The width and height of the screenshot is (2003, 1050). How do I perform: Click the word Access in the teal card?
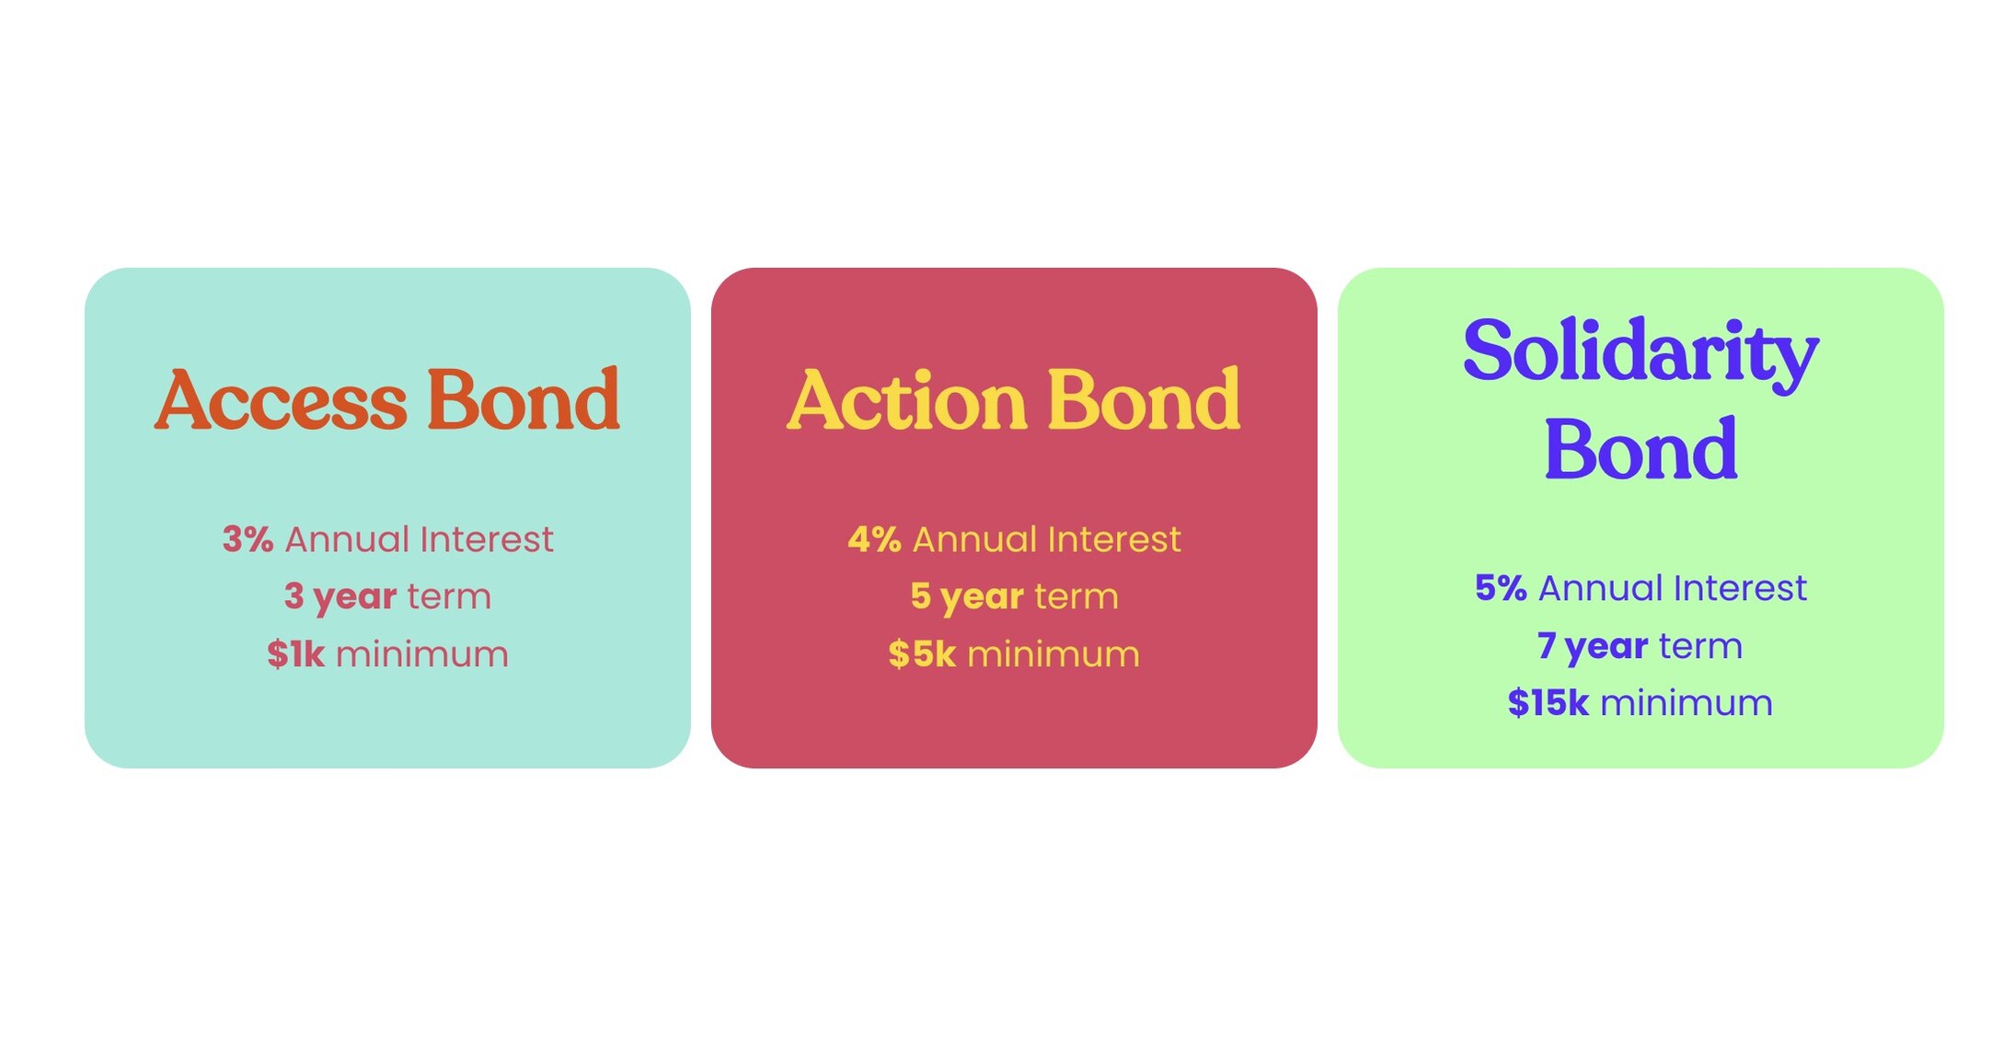(281, 400)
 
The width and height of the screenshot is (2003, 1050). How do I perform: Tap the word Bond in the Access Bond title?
(523, 400)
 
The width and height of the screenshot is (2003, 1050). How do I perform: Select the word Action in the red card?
(906, 400)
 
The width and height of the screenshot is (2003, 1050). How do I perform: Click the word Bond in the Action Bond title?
(1144, 400)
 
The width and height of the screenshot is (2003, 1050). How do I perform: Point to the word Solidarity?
(1640, 352)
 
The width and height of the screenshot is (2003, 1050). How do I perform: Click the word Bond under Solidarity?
(1640, 450)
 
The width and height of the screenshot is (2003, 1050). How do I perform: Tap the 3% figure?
(247, 539)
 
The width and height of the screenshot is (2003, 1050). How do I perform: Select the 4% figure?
(874, 539)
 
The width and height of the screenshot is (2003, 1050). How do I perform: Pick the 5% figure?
(1501, 588)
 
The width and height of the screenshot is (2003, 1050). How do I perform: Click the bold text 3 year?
(340, 597)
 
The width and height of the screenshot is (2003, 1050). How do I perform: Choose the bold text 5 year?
(966, 597)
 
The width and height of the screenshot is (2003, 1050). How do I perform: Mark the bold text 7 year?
(1592, 646)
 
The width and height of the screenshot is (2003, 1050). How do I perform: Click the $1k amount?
(295, 654)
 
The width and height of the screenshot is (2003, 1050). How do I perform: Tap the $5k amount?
(922, 654)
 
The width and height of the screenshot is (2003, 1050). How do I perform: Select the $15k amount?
(1548, 703)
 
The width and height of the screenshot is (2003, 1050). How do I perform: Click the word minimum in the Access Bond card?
(422, 654)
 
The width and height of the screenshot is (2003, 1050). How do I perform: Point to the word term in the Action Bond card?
(1076, 597)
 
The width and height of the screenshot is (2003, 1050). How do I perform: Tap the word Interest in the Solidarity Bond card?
(1740, 588)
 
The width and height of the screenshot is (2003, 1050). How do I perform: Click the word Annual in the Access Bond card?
(347, 539)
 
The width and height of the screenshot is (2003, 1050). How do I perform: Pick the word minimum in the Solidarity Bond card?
(1686, 703)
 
